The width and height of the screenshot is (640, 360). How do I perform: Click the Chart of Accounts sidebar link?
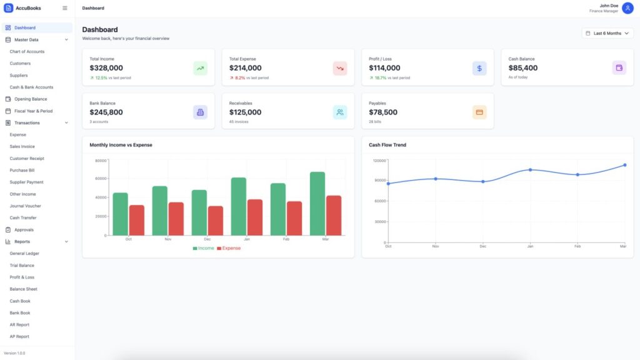pos(27,51)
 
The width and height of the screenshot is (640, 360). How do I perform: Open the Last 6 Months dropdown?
pos(607,33)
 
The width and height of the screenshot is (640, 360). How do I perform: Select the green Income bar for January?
pos(239,206)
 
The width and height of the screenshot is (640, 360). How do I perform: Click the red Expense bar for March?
pos(334,216)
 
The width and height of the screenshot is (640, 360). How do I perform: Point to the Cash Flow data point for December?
pos(483,182)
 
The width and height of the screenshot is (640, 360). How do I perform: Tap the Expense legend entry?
pos(229,248)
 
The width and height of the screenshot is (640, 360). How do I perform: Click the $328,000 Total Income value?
pos(106,67)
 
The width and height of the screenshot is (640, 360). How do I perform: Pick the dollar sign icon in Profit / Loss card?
pos(479,68)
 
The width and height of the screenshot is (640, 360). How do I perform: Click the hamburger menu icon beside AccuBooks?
pos(64,8)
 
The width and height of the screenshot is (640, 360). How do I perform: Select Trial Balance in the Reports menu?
pos(22,265)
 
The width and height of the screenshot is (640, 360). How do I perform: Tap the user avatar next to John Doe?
pos(627,8)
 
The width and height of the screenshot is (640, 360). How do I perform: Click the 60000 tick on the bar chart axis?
pos(101,179)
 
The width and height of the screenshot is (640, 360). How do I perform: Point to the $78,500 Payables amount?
pos(383,112)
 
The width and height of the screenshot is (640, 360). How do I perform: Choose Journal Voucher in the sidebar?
pos(25,206)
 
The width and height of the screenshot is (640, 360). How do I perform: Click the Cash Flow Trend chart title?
pos(387,145)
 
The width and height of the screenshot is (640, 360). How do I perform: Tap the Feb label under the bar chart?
pos(286,239)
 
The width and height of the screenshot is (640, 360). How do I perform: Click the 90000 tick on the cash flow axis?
pos(379,181)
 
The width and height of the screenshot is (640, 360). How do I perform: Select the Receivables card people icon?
pos(339,112)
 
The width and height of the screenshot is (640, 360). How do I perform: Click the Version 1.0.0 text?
pos(15,353)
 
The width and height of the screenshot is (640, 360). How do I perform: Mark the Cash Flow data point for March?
pos(624,165)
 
